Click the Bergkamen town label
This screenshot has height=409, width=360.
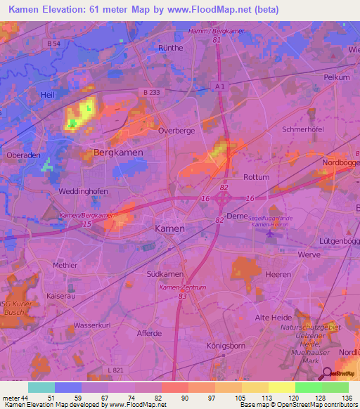[x=118, y=152]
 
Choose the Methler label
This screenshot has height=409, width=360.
[x=65, y=265]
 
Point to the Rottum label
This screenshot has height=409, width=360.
[x=256, y=177]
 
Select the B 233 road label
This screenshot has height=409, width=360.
[x=150, y=91]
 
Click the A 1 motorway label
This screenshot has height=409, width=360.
[x=220, y=86]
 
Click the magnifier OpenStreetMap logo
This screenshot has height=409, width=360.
[x=326, y=373]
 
